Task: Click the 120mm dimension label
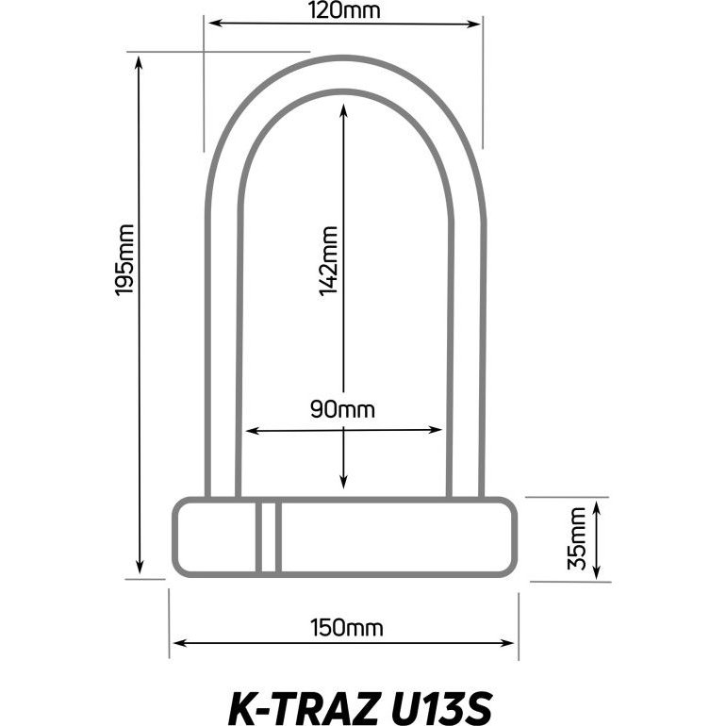(344, 10)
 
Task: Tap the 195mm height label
(124, 259)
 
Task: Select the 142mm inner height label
(328, 260)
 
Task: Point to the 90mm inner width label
(342, 410)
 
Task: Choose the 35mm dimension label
(577, 538)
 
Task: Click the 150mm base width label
(347, 628)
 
